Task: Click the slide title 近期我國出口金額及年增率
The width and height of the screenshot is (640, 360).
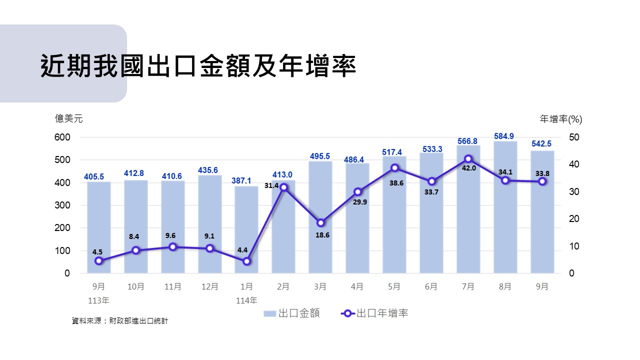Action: [x=198, y=65]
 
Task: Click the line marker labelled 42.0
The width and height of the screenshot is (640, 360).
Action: [x=468, y=159]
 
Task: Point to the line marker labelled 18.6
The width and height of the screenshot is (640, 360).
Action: [x=320, y=223]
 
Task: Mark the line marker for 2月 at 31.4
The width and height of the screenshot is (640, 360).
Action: [x=283, y=187]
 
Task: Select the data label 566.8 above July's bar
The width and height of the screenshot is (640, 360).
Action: [x=467, y=141]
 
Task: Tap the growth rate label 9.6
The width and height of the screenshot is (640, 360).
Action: [x=172, y=235]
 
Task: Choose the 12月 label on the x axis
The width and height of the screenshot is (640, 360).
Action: [x=209, y=286]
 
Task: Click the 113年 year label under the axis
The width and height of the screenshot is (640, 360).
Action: [x=98, y=300]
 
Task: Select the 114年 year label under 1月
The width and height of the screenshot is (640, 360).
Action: [x=246, y=300]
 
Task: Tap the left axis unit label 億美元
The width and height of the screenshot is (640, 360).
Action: [x=69, y=118]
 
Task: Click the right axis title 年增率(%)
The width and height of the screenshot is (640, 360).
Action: [x=561, y=119]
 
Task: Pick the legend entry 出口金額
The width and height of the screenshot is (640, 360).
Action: [x=292, y=313]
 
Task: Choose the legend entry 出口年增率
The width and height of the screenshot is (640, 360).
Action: [x=375, y=313]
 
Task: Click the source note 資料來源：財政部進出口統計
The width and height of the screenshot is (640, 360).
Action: [x=120, y=320]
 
